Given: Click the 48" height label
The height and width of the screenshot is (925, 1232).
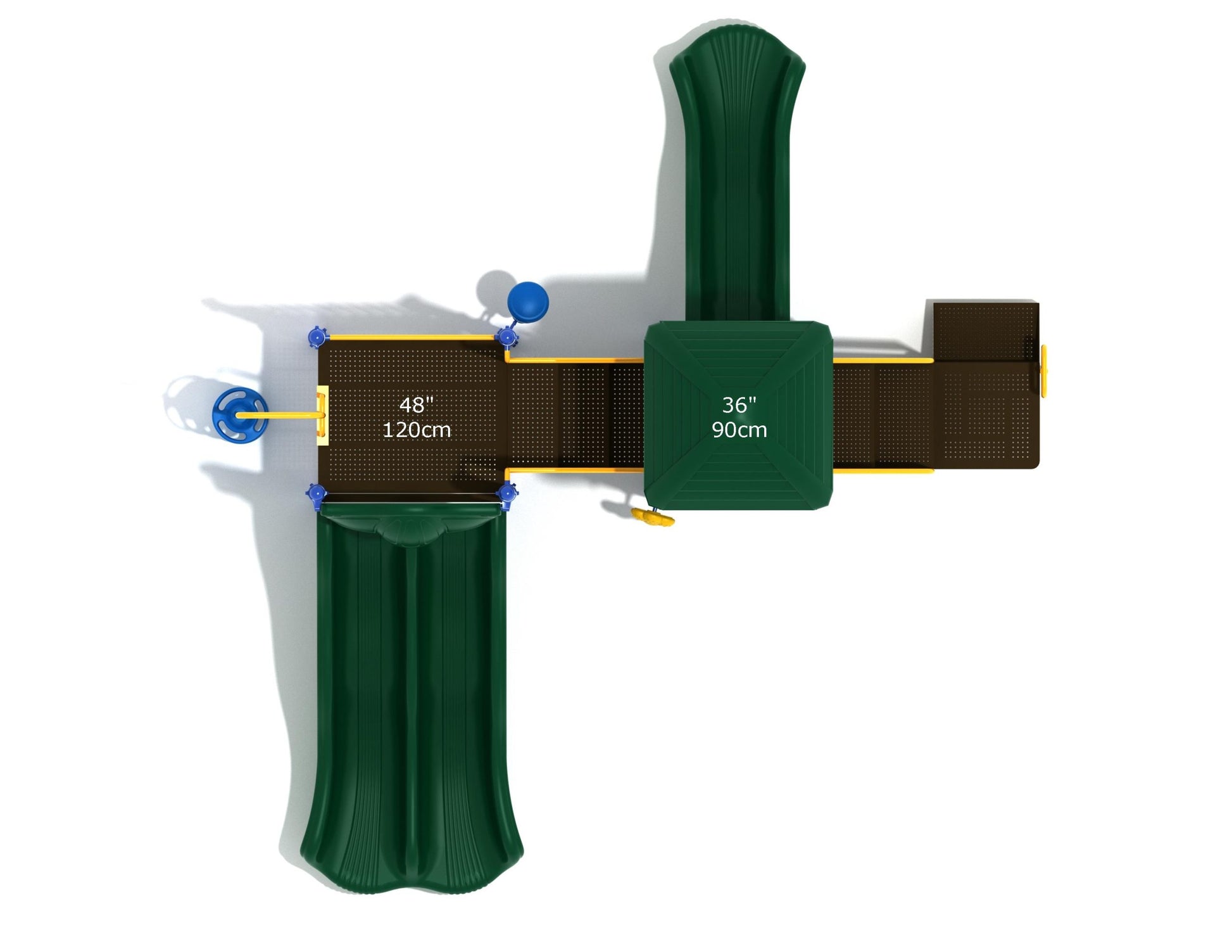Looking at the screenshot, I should [x=416, y=405].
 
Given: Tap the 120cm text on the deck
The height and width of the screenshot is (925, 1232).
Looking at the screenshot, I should [x=417, y=430].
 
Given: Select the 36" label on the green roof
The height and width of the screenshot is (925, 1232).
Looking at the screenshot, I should [x=739, y=405].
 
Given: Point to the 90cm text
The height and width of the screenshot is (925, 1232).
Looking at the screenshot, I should [x=739, y=430].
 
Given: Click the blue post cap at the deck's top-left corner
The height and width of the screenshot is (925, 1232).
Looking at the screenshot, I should [x=317, y=336].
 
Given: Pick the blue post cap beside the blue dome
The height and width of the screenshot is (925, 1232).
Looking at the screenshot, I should [x=506, y=336].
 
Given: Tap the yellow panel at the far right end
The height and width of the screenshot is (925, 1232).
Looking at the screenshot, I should [x=1043, y=371].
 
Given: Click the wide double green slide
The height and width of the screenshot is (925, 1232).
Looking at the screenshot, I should [x=412, y=697].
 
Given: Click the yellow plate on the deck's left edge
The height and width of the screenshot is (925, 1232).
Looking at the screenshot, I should [x=322, y=415].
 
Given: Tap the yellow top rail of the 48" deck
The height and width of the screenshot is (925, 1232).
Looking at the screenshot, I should [x=412, y=337].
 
